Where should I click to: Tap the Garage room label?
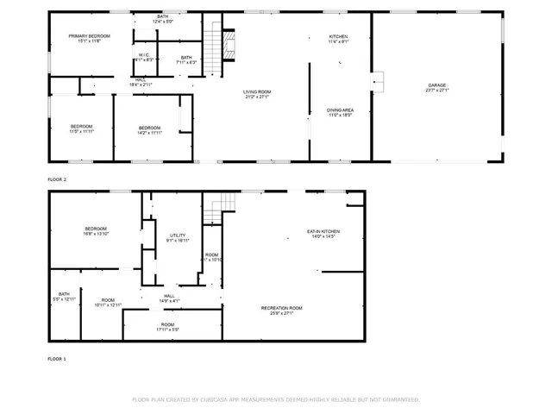[x=436, y=85]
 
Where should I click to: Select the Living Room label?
[x=257, y=92]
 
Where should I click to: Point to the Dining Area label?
[x=340, y=110]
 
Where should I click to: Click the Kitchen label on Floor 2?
[x=338, y=36]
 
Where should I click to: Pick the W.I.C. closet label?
[x=144, y=56]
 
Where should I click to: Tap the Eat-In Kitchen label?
[x=323, y=231]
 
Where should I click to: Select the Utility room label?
[x=178, y=235]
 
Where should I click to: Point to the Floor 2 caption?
[x=57, y=179]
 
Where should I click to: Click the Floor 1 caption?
[x=57, y=358]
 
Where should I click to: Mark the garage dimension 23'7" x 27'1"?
[x=436, y=90]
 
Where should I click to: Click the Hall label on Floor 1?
[x=169, y=296]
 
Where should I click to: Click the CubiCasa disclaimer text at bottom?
[x=275, y=399]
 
